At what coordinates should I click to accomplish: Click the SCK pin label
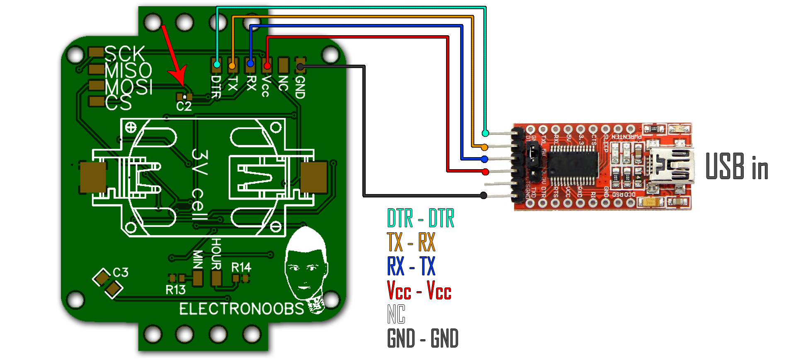pyautogui.click(x=124, y=54)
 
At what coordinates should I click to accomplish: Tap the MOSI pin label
pyautogui.click(x=129, y=87)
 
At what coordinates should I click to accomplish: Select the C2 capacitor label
pyautogui.click(x=184, y=107)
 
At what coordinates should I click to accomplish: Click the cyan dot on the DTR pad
pyautogui.click(x=217, y=65)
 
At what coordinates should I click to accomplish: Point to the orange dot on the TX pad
pyautogui.click(x=232, y=66)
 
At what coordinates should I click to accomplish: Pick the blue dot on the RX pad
pyautogui.click(x=250, y=64)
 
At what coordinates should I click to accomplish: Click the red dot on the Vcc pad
pyautogui.click(x=267, y=66)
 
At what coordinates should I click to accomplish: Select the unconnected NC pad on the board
pyautogui.click(x=284, y=65)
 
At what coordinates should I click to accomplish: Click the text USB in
pyautogui.click(x=737, y=166)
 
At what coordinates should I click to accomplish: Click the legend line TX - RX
pyautogui.click(x=411, y=242)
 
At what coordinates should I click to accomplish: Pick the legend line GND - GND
pyautogui.click(x=422, y=338)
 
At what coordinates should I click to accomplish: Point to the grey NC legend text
pyautogui.click(x=396, y=314)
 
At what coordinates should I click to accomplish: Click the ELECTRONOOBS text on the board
pyautogui.click(x=241, y=309)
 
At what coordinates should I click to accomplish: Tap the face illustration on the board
pyautogui.click(x=306, y=265)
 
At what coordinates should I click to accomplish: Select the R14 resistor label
pyautogui.click(x=241, y=268)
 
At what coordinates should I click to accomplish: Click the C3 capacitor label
pyautogui.click(x=121, y=272)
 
